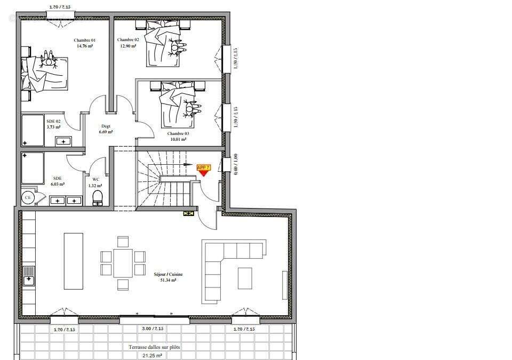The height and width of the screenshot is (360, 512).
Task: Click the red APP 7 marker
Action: pos(204,169)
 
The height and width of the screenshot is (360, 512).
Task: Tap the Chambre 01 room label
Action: pos(85,41)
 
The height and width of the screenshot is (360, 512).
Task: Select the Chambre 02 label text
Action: pos(128,40)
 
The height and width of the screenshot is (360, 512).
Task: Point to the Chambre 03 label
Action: pos(178,133)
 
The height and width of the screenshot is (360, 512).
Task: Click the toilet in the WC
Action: pos(98,198)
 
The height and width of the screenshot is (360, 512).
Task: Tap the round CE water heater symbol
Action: pos(28,197)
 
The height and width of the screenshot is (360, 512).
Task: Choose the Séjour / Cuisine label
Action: pos(168,274)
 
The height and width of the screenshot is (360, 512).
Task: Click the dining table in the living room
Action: pos(123,263)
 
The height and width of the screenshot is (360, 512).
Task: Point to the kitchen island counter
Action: pos(73,261)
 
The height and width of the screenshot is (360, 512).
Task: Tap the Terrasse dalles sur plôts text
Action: pos(154,347)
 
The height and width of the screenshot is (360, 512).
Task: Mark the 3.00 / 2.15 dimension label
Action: pos(154,329)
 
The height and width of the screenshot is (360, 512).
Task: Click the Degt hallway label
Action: pos(106,126)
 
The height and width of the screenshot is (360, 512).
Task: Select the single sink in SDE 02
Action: pos(63,141)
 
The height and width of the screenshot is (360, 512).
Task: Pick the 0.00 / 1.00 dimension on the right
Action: pos(235,165)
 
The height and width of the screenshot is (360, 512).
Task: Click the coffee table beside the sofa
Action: pos(245,278)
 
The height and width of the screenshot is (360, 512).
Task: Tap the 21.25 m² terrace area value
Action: pos(153,355)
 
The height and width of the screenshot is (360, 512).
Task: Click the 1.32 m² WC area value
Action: pos(96,185)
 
